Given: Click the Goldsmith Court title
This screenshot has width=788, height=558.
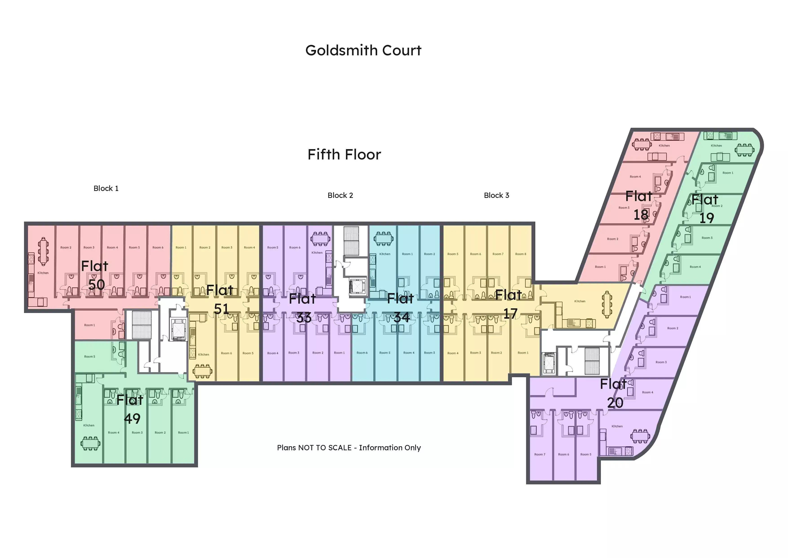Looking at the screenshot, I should [x=363, y=51].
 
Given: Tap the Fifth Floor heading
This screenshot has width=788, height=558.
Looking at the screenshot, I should [x=344, y=155].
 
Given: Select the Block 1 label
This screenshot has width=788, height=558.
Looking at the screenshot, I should [x=106, y=188].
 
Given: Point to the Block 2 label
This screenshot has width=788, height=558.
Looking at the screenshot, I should [x=340, y=195].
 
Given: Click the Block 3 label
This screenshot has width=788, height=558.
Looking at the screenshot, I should [x=496, y=195].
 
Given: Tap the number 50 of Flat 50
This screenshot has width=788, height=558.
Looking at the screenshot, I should [x=96, y=285].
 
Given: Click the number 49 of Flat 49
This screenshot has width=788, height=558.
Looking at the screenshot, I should [x=132, y=419].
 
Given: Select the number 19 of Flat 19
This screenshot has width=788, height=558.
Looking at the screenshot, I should [x=707, y=218].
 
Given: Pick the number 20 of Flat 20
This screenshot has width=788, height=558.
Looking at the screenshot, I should [x=615, y=403].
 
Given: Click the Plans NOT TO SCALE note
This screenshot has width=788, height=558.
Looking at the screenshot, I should [x=349, y=448].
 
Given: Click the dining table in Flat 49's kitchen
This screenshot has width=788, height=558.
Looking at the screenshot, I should [x=91, y=443].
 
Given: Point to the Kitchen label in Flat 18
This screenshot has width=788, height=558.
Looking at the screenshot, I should [x=664, y=146].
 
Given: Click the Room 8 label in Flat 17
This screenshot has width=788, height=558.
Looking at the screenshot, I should [x=520, y=254].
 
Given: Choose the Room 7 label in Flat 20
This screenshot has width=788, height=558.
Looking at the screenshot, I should [x=540, y=455].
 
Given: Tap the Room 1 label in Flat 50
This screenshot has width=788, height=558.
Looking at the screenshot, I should [x=90, y=325].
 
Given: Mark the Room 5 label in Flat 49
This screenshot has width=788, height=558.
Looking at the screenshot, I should [x=90, y=357].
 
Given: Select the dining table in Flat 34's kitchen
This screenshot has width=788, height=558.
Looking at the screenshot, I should [x=384, y=238].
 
